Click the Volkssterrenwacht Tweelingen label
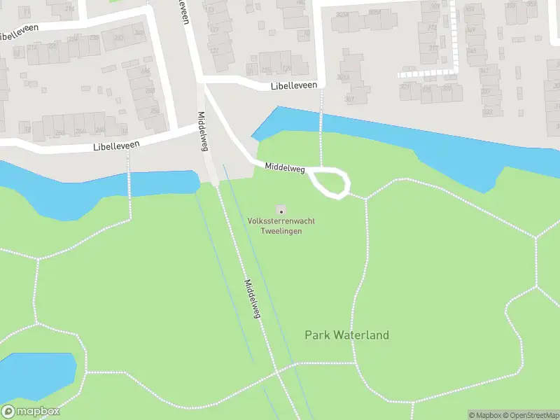(x=281, y=225)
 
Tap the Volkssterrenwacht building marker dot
(x=281, y=210)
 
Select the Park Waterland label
(x=346, y=335)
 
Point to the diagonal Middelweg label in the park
(x=252, y=299)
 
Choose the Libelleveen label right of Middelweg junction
(x=294, y=85)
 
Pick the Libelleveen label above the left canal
(x=116, y=146)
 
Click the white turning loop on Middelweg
(x=330, y=182)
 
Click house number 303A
(x=343, y=14)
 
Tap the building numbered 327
(x=447, y=88)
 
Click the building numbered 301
(x=349, y=99)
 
